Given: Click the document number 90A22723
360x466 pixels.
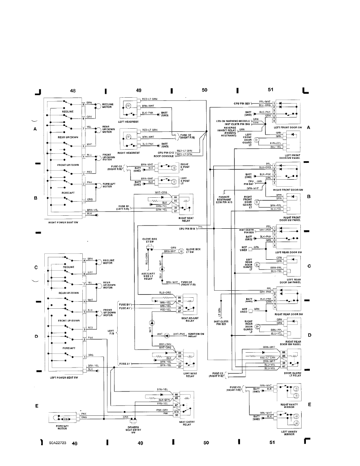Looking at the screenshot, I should [58, 442].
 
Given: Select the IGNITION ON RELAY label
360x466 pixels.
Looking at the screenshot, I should [197, 335].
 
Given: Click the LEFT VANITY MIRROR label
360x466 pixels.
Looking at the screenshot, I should [289, 433].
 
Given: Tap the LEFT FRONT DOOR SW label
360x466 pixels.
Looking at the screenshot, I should [288, 127].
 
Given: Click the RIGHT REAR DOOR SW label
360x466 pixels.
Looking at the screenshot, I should [289, 314].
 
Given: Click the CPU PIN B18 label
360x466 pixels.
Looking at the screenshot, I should [187, 228].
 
